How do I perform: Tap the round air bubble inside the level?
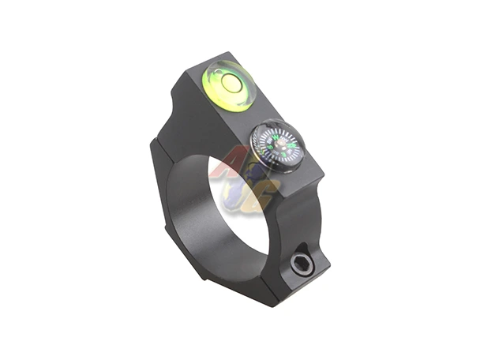[231, 81]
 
